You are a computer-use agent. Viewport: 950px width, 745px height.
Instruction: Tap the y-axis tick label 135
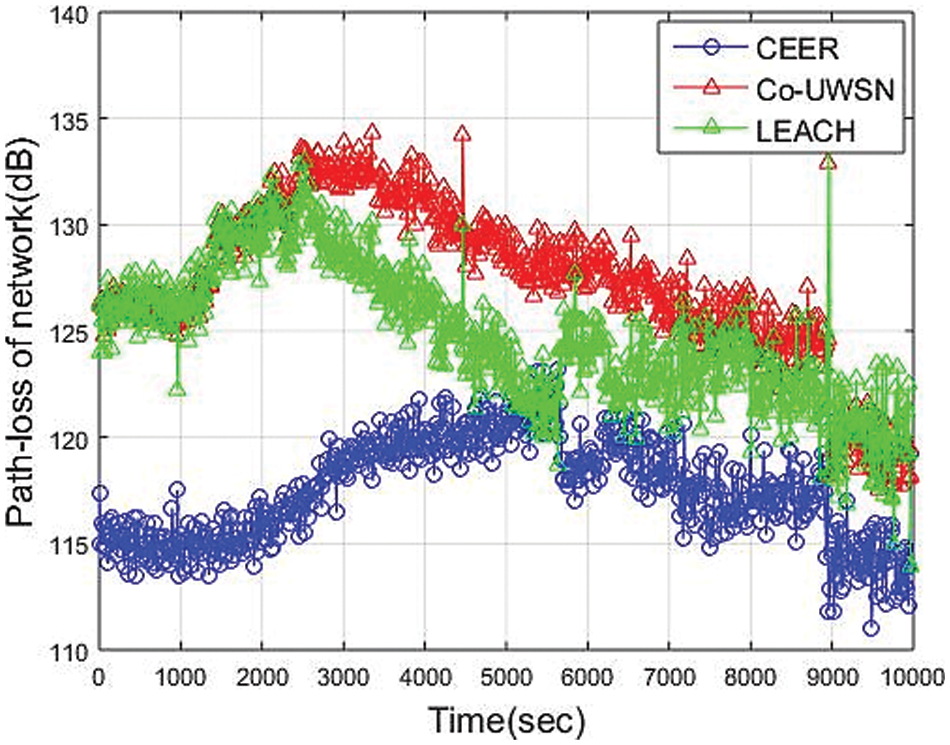[x=63, y=120]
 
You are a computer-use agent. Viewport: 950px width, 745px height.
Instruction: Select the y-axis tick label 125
[x=63, y=332]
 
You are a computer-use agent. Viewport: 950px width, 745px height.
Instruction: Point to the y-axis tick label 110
[x=63, y=651]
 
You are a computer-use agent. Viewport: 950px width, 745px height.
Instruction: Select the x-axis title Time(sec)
[x=505, y=718]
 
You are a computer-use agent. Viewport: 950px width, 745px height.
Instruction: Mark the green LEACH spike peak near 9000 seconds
[x=828, y=162]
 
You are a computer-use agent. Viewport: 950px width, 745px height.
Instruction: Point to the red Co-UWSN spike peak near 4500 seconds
[x=461, y=133]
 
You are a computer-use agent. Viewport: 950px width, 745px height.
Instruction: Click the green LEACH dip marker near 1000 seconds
[x=178, y=387]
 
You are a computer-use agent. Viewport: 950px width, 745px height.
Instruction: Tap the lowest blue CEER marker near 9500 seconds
[x=871, y=628]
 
